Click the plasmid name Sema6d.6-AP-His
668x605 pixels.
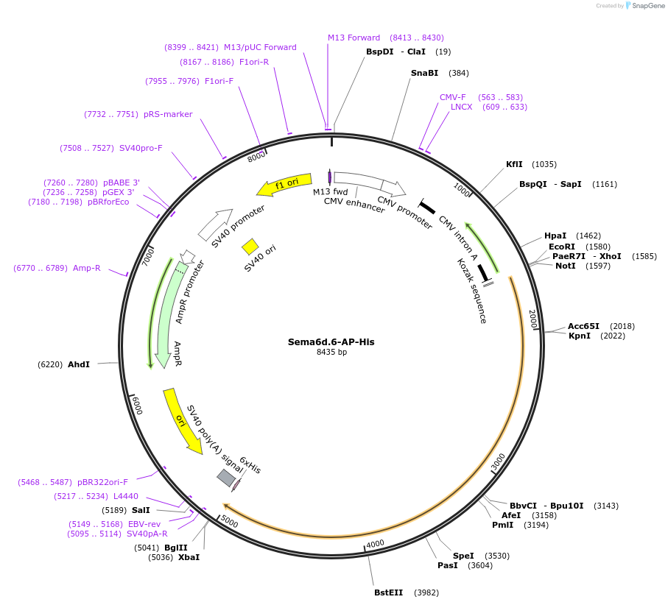coord(331,342)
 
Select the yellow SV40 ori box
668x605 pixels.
coord(250,246)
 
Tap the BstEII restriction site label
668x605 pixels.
coord(389,592)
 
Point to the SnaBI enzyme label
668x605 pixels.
coord(424,73)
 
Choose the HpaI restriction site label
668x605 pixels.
coord(556,236)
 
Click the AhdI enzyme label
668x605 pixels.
coord(79,364)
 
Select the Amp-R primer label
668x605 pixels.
coord(86,268)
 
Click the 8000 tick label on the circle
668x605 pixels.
coord(256,157)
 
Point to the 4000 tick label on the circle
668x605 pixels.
coord(375,543)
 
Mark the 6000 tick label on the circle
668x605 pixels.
coord(138,406)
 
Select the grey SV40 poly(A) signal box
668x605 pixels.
coord(226,478)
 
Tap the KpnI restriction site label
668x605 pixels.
coord(580,336)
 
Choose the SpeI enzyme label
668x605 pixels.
coord(463,556)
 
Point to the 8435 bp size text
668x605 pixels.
coord(331,352)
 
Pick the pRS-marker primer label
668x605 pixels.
coord(168,114)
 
